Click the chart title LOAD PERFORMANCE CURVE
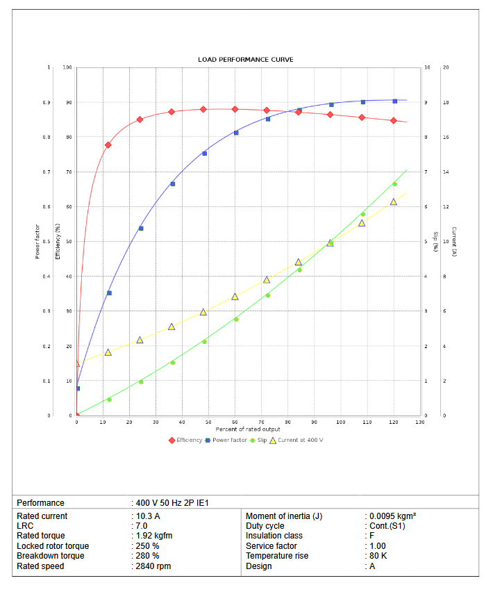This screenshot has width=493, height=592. tap(246, 60)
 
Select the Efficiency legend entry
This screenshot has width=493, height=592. tap(185, 440)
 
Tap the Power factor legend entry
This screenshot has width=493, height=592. tap(226, 440)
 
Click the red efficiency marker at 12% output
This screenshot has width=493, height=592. tap(108, 145)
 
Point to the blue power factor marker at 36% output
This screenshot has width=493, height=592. tap(173, 183)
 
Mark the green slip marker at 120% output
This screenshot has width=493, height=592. tap(394, 184)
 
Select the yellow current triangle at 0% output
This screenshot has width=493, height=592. tap(77, 363)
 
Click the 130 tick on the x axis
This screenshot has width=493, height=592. tap(419, 422)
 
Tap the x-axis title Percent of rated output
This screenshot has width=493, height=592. tap(248, 429)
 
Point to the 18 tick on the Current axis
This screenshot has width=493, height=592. tap(445, 103)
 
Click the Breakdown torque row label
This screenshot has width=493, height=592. tap(51, 556)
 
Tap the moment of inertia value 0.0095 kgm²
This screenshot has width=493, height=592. tap(392, 516)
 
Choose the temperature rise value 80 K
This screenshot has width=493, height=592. tap(378, 556)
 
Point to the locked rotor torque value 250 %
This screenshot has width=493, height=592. tap(147, 546)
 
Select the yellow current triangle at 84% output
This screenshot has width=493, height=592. tap(299, 263)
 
